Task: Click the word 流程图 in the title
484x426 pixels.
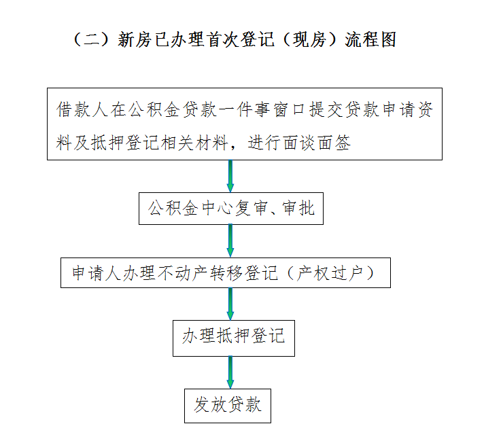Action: coord(370,40)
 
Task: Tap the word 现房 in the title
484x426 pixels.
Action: coord(309,40)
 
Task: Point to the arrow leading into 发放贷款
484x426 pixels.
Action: coord(230,372)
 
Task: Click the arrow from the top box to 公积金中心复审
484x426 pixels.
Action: coord(230,176)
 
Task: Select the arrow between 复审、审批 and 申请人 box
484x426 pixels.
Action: coord(230,241)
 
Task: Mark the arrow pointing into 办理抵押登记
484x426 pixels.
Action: coord(230,304)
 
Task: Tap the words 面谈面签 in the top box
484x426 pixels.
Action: coord(300,143)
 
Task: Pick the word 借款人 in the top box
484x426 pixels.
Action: coord(82,109)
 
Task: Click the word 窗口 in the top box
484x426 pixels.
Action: coord(290,109)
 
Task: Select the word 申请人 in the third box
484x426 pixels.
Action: coord(97,273)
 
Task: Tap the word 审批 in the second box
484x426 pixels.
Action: coord(298,208)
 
